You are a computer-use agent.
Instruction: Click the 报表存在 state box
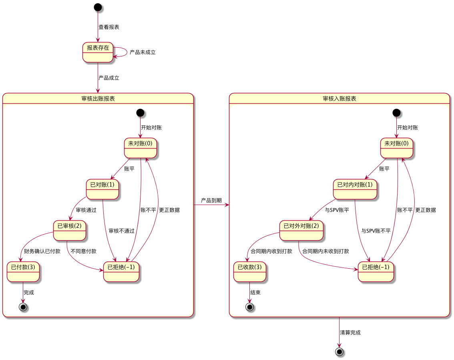[x=98, y=52]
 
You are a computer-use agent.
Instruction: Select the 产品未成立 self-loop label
[x=143, y=52]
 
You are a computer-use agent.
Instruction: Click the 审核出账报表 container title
[x=98, y=99]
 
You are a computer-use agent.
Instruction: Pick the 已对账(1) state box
[x=102, y=189]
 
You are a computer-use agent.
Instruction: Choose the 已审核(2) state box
[x=70, y=230]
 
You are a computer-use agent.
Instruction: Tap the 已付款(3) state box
[x=23, y=272]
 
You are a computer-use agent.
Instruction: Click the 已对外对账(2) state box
[x=301, y=230]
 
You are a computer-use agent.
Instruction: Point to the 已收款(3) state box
[x=249, y=272]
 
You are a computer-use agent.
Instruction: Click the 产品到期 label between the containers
[x=211, y=200]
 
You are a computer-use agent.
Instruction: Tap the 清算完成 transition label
[x=350, y=333]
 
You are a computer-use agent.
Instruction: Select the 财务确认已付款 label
[x=42, y=251]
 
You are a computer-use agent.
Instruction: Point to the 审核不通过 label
[x=121, y=231]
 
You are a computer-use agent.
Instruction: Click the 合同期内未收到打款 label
[x=325, y=251]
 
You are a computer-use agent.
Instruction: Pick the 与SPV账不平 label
[x=376, y=231]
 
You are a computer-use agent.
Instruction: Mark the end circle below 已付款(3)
[x=23, y=307]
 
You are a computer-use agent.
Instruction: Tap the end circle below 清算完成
[x=339, y=352]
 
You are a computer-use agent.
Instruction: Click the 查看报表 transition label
[x=108, y=27]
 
